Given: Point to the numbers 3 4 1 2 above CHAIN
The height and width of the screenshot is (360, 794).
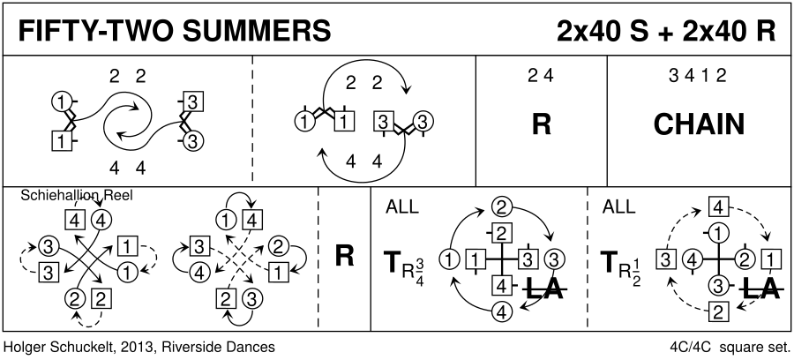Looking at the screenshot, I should (x=699, y=76).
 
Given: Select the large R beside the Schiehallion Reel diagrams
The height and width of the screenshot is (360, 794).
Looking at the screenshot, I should (x=344, y=256).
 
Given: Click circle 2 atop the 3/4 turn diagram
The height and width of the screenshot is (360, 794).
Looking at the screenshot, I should (x=501, y=208).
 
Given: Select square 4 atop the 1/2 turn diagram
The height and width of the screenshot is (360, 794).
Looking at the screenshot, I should (x=718, y=208).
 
